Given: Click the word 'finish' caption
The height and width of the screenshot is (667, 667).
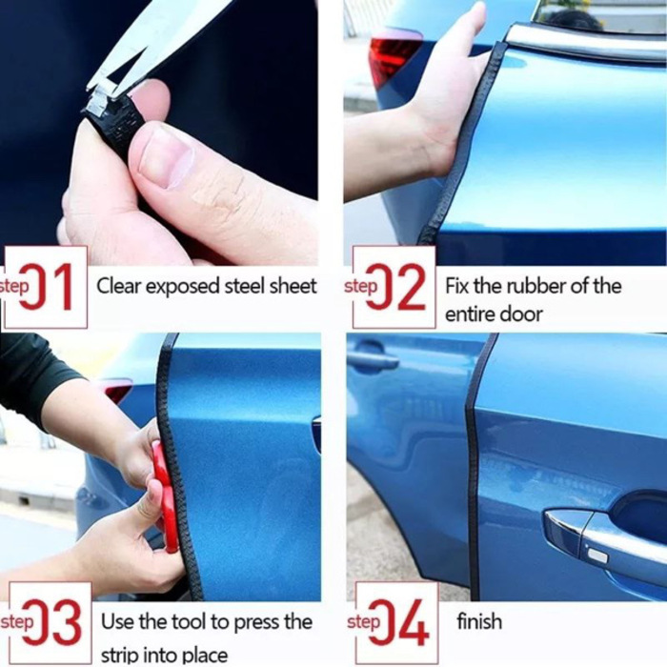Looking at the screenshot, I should (x=478, y=622).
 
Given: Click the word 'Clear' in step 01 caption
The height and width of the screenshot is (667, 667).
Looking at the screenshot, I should (x=117, y=286).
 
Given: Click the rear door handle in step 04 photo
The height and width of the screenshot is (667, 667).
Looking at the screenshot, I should (x=373, y=359).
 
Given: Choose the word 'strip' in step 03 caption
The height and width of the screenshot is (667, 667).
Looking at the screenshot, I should (x=120, y=655).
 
